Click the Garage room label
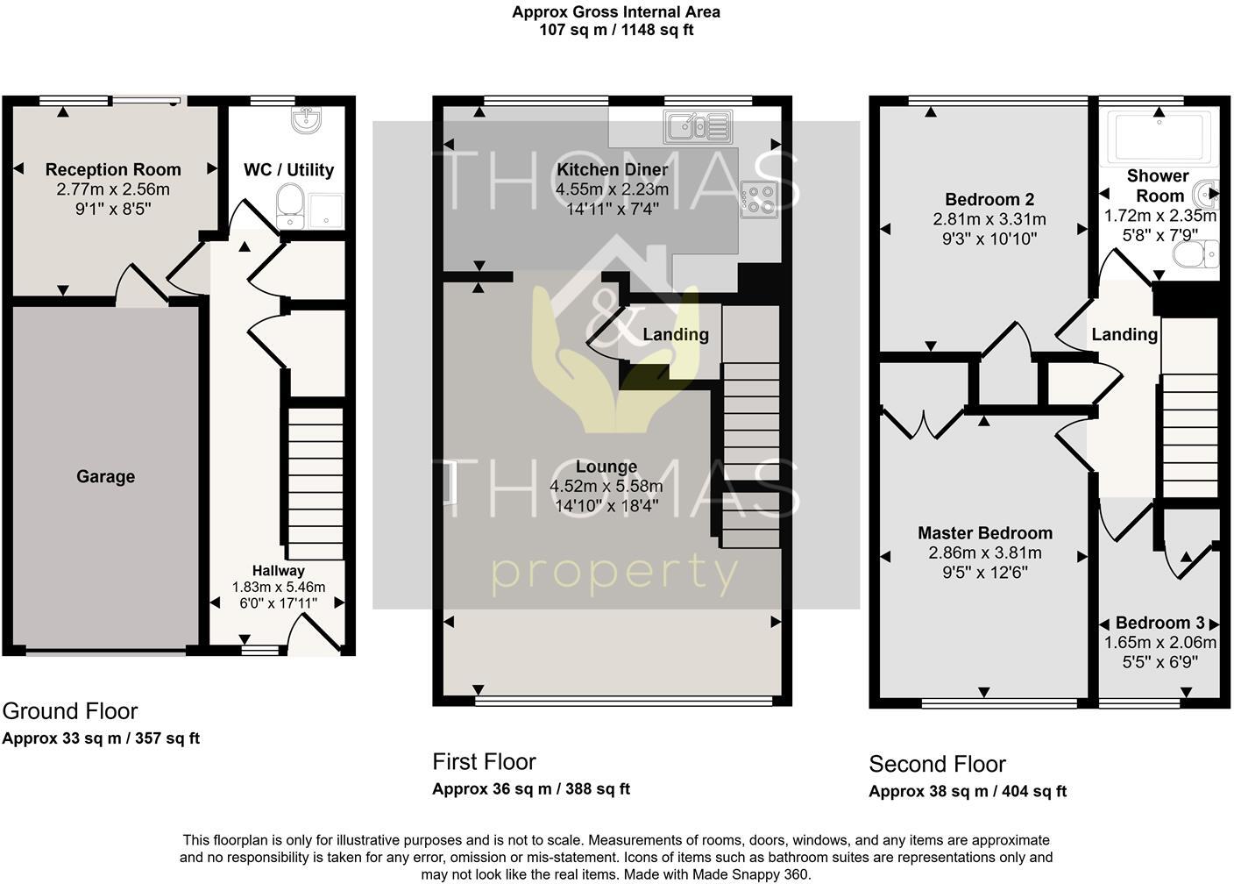coord(105,476)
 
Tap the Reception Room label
coord(113,169)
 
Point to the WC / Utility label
coord(288,169)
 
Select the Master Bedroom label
coord(984,532)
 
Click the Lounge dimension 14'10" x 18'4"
coord(606,505)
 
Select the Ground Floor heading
coord(70,710)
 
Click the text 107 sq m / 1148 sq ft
coord(616,30)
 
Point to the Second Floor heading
coord(937,763)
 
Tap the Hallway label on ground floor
coord(278,570)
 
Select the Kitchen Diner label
coord(612,169)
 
